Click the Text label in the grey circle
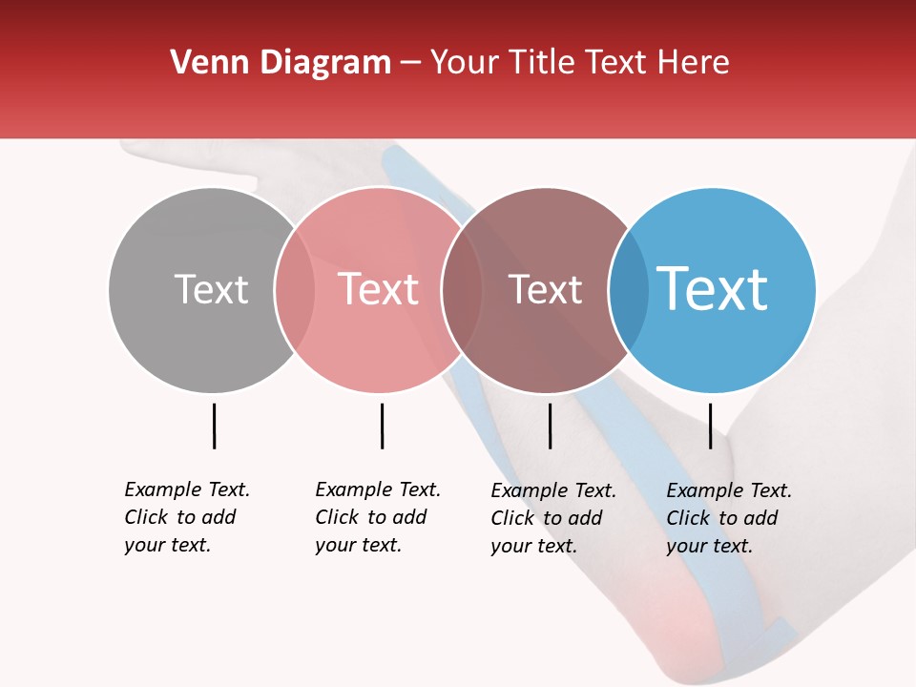(x=211, y=289)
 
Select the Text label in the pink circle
(x=378, y=289)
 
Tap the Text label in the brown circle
(x=545, y=289)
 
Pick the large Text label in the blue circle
(x=713, y=289)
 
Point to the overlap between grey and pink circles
(x=295, y=290)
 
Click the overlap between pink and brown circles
(x=462, y=290)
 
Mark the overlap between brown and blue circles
(x=629, y=290)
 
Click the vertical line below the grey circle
(x=215, y=426)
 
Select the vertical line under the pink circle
(x=382, y=426)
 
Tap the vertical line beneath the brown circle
(x=550, y=426)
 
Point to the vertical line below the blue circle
(x=710, y=426)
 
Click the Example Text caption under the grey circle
(x=187, y=517)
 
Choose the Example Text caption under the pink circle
(x=378, y=517)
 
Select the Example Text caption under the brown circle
(x=553, y=518)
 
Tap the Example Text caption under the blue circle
(x=729, y=518)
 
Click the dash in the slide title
(x=410, y=64)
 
